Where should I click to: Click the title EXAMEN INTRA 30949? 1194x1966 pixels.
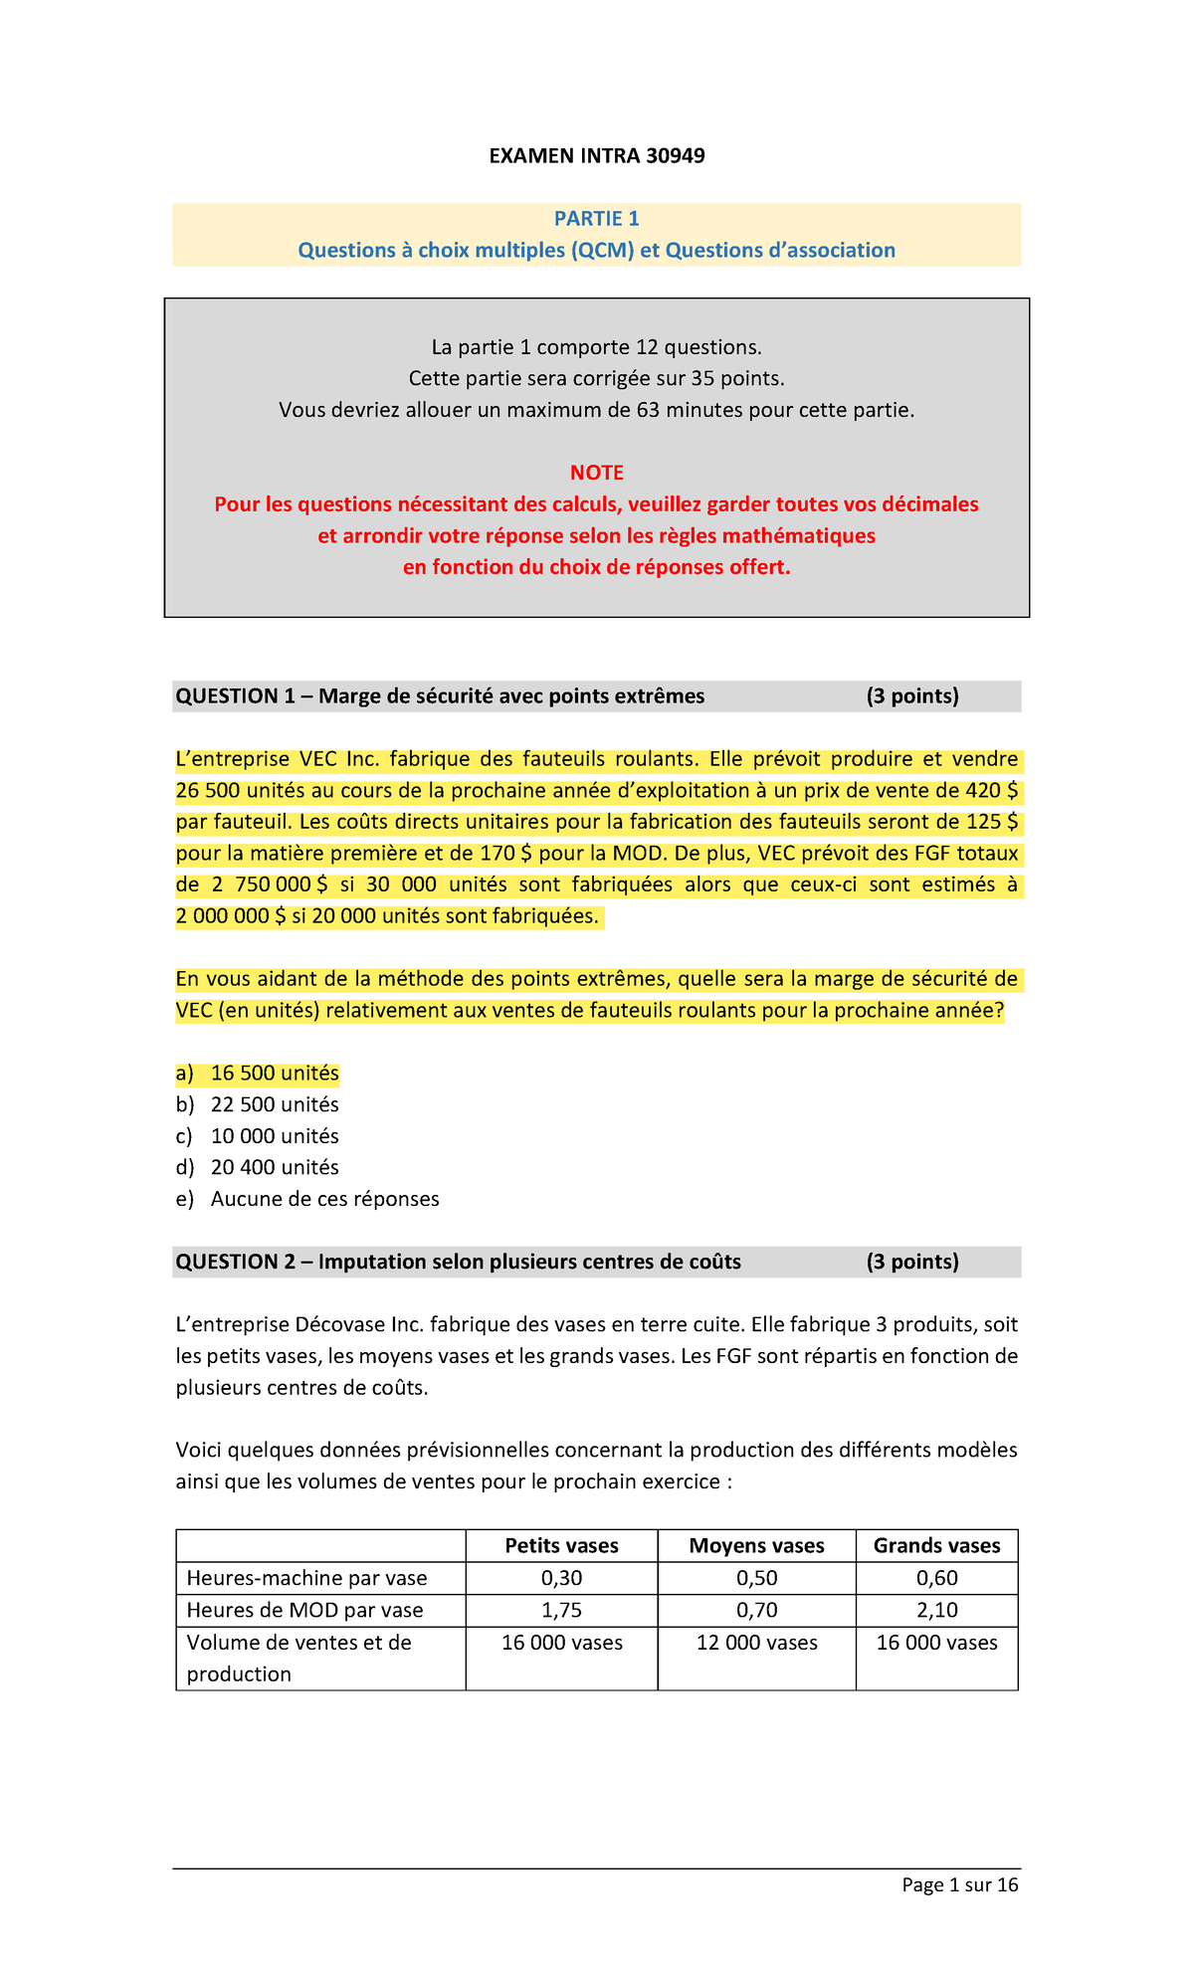596,156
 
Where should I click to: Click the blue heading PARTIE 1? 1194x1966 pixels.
596,219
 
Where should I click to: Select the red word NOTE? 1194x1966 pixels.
596,473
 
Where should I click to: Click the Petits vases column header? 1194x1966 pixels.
561,1545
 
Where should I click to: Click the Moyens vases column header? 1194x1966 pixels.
756,1545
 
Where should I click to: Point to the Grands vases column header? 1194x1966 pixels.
936,1545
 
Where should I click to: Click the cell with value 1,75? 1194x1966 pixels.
561,1610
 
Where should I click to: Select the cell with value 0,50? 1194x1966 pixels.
756,1578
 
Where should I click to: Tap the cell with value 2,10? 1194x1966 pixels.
936,1610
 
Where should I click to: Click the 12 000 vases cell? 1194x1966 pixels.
756,1643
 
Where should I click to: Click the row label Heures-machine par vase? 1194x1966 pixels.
306,1578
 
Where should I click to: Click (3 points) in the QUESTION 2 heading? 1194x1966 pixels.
911,1262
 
